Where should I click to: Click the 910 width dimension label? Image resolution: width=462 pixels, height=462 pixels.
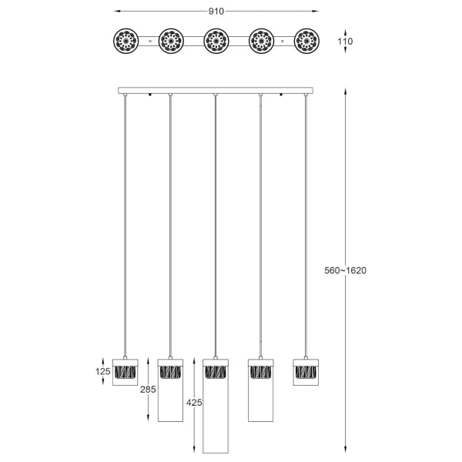click(216, 12)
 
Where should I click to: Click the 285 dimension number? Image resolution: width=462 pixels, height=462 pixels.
click(149, 390)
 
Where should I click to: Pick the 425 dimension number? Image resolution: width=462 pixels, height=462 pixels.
click(194, 402)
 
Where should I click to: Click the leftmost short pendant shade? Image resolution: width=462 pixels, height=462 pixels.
click(125, 371)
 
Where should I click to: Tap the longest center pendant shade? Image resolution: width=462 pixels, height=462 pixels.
click(216, 406)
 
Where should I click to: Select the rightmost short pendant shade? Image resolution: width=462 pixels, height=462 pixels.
click(306, 371)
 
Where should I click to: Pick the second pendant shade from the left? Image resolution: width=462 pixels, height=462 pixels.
click(170, 390)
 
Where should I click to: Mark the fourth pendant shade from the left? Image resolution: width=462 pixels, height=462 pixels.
click(261, 390)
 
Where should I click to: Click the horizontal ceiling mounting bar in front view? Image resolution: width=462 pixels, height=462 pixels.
click(216, 91)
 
